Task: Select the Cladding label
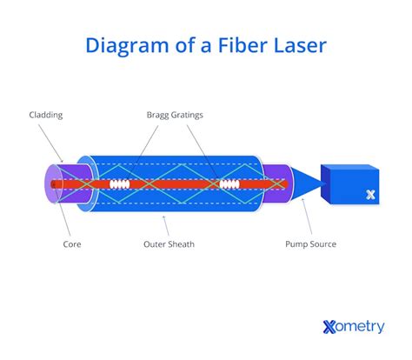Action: [45, 115]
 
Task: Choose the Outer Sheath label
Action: [169, 244]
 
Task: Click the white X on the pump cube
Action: [371, 196]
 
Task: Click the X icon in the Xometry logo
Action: [329, 327]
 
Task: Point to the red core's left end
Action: [56, 184]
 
